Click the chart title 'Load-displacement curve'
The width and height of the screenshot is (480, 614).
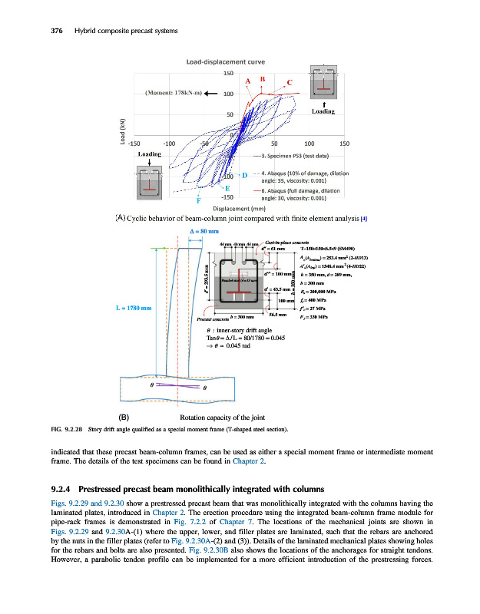[222, 61]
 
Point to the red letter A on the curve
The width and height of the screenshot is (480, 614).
[248, 82]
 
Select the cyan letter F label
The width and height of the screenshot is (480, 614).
[199, 202]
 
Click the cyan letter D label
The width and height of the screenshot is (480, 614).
[243, 176]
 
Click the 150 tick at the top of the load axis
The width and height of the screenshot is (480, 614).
[228, 74]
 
